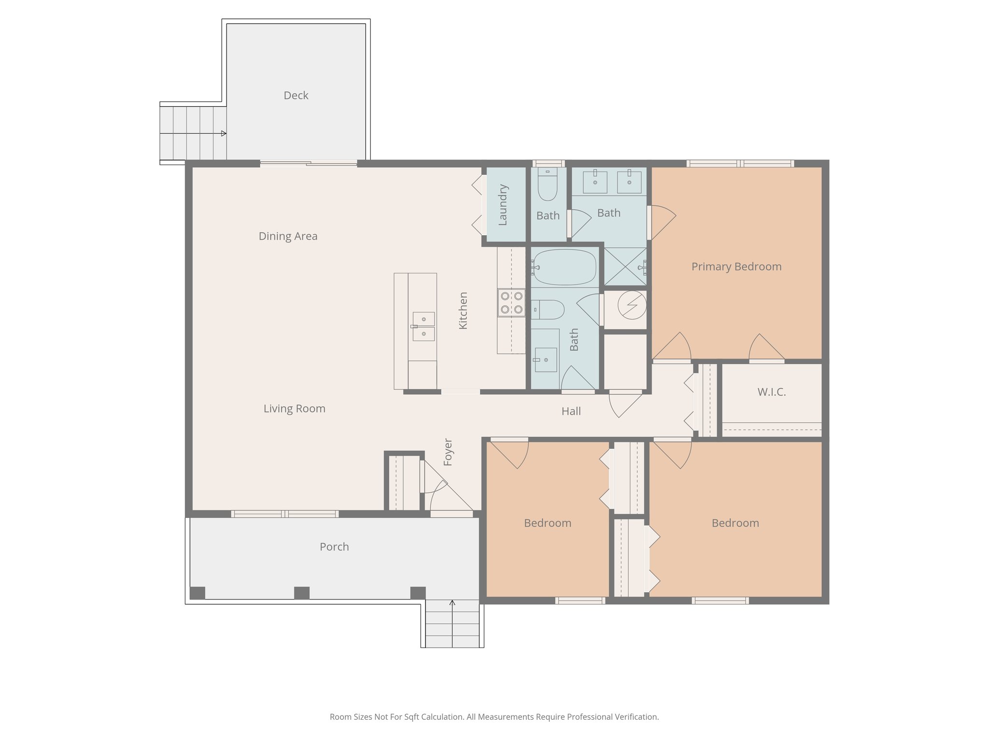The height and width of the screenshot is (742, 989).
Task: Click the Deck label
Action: tap(296, 96)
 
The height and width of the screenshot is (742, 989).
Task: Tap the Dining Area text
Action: tap(288, 236)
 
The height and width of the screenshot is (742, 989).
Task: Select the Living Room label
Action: tap(294, 409)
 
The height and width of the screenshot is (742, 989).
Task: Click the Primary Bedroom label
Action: tap(736, 267)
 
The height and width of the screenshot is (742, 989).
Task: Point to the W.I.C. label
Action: tap(771, 392)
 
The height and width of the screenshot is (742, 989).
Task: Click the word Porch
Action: tap(334, 547)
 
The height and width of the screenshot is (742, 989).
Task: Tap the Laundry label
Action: tap(503, 204)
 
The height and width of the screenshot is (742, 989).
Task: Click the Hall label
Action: tap(571, 412)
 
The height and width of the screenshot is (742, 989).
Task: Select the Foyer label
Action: tap(448, 452)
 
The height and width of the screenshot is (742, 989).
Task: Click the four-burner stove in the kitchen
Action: tap(511, 303)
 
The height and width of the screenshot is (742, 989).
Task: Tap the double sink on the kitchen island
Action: tap(424, 327)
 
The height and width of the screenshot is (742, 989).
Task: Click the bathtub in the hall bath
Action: tap(564, 267)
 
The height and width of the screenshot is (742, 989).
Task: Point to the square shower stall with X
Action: tap(625, 266)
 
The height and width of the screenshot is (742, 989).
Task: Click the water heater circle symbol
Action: tap(632, 305)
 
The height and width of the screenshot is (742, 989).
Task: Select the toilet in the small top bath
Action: tap(548, 185)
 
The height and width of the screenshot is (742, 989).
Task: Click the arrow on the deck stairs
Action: tap(223, 133)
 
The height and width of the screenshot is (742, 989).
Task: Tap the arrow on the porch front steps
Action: tap(452, 603)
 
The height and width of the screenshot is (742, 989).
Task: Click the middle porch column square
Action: tap(302, 593)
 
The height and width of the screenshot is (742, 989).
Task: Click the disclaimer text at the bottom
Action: tap(494, 717)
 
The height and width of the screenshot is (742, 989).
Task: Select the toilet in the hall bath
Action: tap(549, 310)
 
